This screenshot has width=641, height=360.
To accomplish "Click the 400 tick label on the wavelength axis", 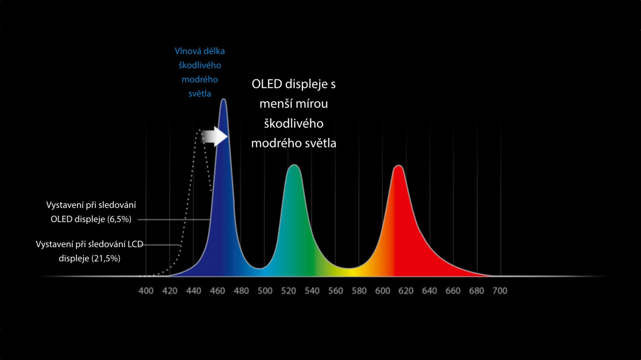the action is pyautogui.click(x=146, y=291).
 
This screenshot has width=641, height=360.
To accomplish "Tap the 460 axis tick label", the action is pyautogui.click(x=218, y=291).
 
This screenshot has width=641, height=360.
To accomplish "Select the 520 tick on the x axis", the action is pyautogui.click(x=288, y=291).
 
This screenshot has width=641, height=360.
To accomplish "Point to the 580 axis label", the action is pyautogui.click(x=359, y=291).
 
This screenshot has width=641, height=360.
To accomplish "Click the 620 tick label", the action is pyautogui.click(x=406, y=291).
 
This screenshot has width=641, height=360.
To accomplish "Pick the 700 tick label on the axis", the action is pyautogui.click(x=500, y=291).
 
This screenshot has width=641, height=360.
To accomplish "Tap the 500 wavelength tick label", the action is pyautogui.click(x=265, y=291).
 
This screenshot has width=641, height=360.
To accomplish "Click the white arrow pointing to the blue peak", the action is pyautogui.click(x=214, y=136).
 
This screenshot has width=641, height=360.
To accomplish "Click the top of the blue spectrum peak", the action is pyautogui.click(x=223, y=99).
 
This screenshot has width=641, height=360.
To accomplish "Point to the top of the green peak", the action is pyautogui.click(x=294, y=165).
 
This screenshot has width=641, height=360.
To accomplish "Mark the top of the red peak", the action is pyautogui.click(x=398, y=165).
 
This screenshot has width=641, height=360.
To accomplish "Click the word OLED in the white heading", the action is pyautogui.click(x=267, y=84).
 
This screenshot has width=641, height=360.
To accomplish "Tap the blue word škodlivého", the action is pyautogui.click(x=200, y=65).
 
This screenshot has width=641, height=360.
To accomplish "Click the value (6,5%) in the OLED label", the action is pyautogui.click(x=119, y=219).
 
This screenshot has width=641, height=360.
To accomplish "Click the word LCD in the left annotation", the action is pyautogui.click(x=135, y=244).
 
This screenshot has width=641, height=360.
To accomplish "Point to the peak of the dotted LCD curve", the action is pyautogui.click(x=200, y=130).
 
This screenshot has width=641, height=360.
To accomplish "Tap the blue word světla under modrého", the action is pyautogui.click(x=200, y=94).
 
